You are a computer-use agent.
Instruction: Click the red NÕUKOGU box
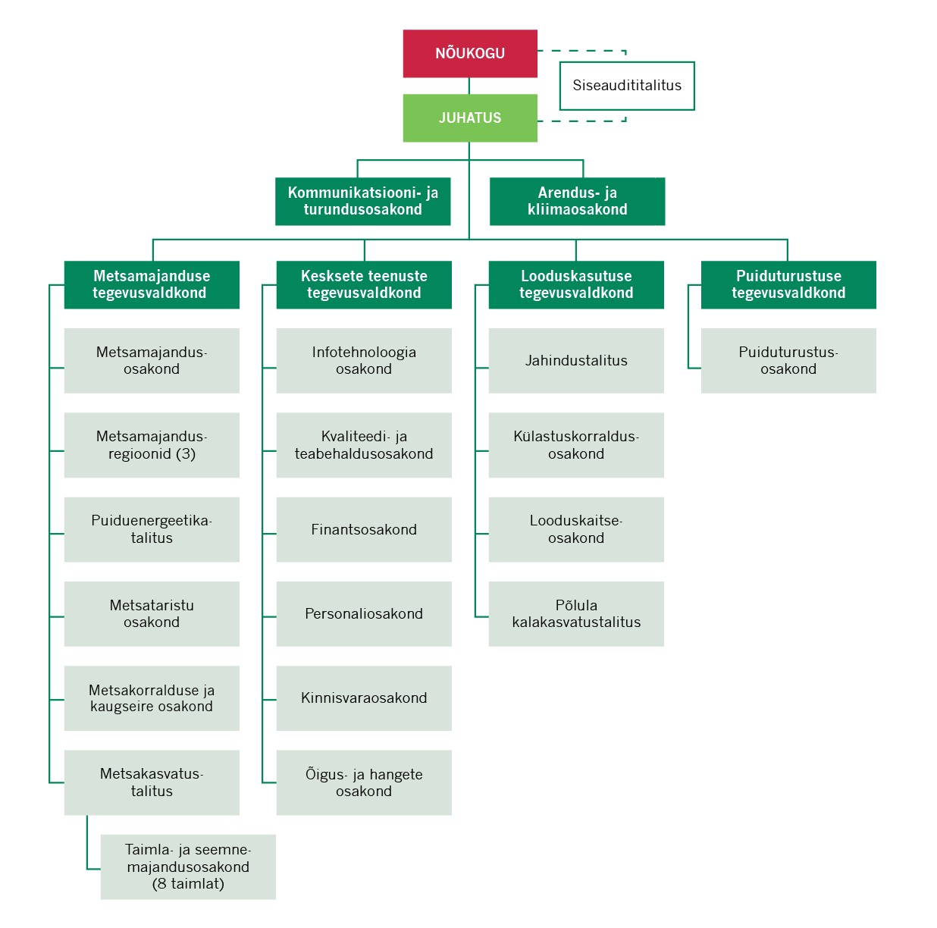click(470, 54)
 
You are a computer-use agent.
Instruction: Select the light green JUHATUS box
click(470, 118)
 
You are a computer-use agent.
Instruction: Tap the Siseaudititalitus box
click(627, 86)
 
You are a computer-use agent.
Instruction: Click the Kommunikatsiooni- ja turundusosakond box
click(362, 202)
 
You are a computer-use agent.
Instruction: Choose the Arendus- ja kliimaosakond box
click(577, 202)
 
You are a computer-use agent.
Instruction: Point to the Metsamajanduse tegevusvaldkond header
click(152, 285)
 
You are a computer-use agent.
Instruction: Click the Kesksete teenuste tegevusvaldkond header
click(364, 285)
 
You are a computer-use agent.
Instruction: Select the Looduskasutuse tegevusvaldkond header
click(576, 285)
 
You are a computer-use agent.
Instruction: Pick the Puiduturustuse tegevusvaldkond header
click(788, 285)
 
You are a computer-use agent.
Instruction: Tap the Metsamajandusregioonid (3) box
click(152, 445)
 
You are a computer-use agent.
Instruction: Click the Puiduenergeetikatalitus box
click(152, 529)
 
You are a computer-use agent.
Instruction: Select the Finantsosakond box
click(364, 529)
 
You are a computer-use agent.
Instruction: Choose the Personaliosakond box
click(364, 614)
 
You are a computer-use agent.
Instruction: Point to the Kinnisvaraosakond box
click(364, 698)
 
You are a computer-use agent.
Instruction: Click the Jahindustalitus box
click(576, 361)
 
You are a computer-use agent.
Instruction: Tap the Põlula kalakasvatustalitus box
click(576, 614)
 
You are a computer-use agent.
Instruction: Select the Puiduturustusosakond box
click(788, 361)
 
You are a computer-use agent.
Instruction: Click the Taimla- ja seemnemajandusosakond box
click(188, 867)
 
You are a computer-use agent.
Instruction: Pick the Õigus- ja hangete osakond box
click(364, 782)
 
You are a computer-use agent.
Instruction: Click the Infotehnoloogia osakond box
click(364, 361)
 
